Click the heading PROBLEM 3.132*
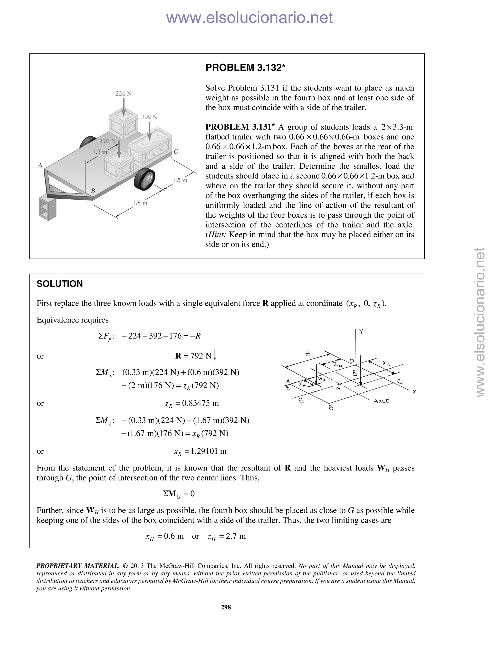pos(245,68)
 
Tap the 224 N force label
pos(123,94)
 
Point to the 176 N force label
pos(108,141)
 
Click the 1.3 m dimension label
pos(100,152)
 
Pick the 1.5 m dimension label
pos(180,180)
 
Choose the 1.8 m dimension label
pos(140,203)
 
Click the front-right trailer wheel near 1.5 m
pos(144,179)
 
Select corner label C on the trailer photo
pos(176,152)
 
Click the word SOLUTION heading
pos(60,284)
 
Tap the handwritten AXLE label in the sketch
pos(381,401)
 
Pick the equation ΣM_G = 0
pos(179,494)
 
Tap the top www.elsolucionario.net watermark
pos(249,18)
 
